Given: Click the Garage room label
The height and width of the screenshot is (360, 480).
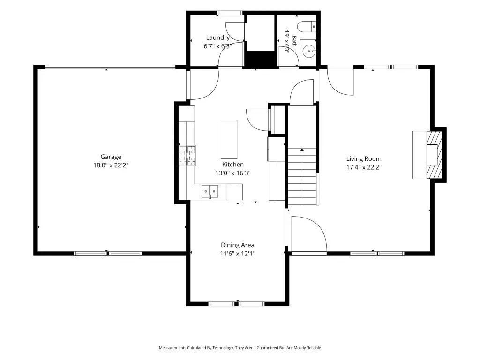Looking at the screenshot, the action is point(111,157).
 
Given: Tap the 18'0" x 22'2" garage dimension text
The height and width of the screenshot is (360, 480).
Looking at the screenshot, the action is point(111,165).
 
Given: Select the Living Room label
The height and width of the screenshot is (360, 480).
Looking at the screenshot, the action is point(364,158).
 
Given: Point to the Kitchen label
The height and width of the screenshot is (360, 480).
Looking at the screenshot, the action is point(233,165).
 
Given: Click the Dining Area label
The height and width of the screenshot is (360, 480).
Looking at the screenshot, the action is point(238,245).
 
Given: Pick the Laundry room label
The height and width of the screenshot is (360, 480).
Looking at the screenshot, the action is point(217,37).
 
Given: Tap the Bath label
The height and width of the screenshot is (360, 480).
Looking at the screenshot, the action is point(294,41).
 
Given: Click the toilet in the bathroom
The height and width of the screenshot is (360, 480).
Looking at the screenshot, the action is point(307,27).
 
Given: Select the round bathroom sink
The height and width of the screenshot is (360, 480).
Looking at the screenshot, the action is point(309,52).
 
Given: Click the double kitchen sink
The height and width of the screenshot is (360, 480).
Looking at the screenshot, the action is point(210,192).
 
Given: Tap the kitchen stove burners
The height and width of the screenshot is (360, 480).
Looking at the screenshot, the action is point(187,156).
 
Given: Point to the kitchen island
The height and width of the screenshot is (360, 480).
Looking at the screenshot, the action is point(229,139).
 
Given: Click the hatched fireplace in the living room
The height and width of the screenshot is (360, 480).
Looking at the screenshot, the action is point(435,155).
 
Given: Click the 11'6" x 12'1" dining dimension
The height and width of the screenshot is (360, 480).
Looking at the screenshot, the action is point(238,254).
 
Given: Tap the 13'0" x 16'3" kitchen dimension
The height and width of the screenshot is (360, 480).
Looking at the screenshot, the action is point(233,173).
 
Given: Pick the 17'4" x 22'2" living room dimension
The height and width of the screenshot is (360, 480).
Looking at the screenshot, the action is point(364,167).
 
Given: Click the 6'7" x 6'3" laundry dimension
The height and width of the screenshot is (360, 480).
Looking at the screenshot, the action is point(217,46).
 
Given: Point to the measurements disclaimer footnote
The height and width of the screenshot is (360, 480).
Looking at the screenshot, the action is point(240,348).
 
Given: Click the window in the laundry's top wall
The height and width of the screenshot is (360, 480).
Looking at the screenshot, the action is point(230,13).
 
